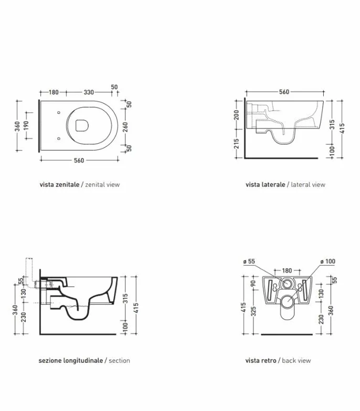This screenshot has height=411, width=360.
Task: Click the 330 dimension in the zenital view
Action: click(89, 92)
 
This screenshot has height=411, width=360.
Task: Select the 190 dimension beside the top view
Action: click(26, 126)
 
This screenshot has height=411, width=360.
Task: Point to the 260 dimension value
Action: click(126, 127)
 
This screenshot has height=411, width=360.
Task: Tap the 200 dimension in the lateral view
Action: click(236, 115)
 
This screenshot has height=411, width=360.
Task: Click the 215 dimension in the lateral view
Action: click(236, 144)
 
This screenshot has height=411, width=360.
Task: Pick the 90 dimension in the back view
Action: click(253, 283)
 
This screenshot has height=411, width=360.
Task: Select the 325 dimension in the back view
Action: click(253, 311)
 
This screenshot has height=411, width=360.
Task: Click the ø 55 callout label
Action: click(249, 261)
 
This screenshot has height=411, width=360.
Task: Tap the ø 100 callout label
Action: click(327, 261)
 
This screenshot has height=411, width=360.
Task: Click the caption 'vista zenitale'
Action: click(59, 185)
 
